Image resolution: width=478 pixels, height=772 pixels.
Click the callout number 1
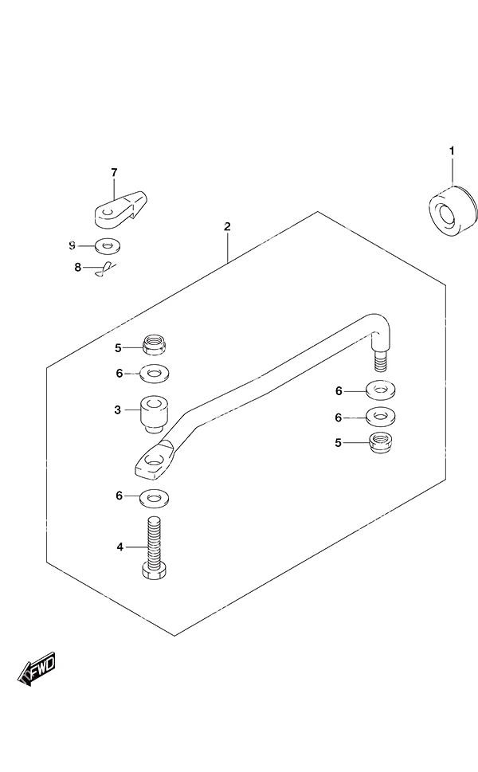[452, 151]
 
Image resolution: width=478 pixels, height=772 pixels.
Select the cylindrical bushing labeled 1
[453, 211]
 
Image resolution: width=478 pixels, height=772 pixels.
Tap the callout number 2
[227, 226]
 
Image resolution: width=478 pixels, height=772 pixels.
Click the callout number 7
[114, 172]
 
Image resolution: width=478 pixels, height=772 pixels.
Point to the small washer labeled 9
[107, 245]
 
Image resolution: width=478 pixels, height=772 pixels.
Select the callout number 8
[78, 268]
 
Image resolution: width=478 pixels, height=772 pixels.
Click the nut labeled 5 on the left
[154, 344]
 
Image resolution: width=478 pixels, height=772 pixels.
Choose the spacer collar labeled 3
[155, 414]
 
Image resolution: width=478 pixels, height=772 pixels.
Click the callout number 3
[117, 410]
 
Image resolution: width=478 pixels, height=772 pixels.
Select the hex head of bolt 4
[154, 571]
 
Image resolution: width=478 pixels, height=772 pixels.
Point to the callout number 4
[119, 547]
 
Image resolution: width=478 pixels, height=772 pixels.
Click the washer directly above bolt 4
[154, 498]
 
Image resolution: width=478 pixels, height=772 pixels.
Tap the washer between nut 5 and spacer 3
[155, 373]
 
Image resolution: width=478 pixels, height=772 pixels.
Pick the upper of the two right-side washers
[381, 390]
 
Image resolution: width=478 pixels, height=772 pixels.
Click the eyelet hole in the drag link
[154, 461]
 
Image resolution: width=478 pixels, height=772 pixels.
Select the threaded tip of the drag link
[380, 362]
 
